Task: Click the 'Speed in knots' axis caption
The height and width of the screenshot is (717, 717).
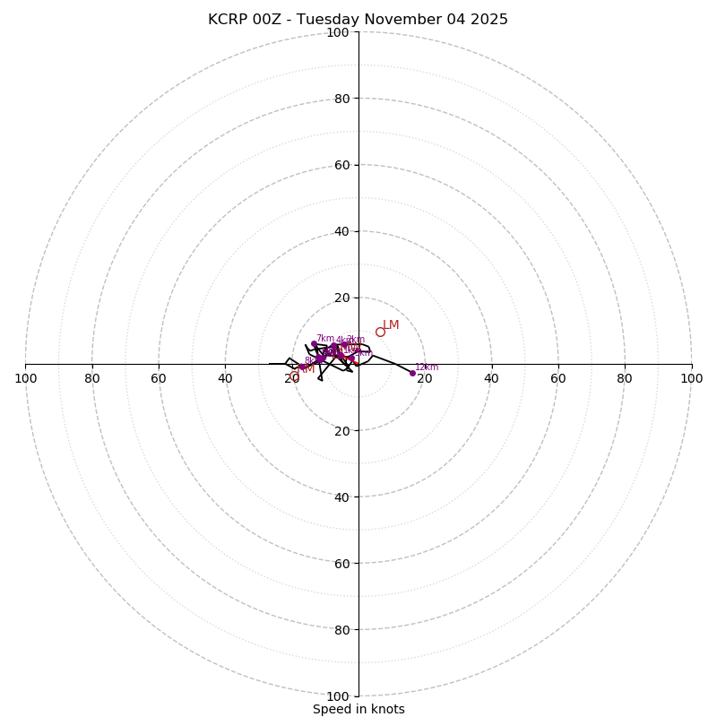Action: pos(358,709)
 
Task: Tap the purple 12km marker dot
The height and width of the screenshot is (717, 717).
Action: pos(412,373)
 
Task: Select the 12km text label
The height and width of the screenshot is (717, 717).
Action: pos(427,367)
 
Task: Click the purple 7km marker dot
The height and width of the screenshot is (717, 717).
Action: pos(314,344)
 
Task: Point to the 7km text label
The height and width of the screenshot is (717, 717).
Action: pos(324,338)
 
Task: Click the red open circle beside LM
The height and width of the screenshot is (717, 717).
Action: pos(380,332)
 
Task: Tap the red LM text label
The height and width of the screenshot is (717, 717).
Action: pos(391,324)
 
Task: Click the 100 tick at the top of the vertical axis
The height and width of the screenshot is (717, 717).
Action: pos(338,32)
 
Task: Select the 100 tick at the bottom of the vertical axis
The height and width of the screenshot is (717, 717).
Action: pos(338,696)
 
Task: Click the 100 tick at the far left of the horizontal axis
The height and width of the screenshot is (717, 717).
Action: pos(25,378)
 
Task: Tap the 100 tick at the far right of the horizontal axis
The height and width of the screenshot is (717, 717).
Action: pos(691,378)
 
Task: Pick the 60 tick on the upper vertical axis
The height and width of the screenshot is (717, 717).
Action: pos(341,165)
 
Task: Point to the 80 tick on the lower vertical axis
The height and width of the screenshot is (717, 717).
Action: pos(341,630)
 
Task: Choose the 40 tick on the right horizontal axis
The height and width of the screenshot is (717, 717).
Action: pos(491,378)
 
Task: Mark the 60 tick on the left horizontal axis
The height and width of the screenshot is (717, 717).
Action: pos(159,378)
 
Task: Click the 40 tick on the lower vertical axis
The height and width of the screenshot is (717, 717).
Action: pos(341,497)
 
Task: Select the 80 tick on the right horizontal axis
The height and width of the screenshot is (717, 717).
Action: pos(625,378)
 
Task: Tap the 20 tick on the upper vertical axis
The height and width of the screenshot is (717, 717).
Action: pos(341,298)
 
